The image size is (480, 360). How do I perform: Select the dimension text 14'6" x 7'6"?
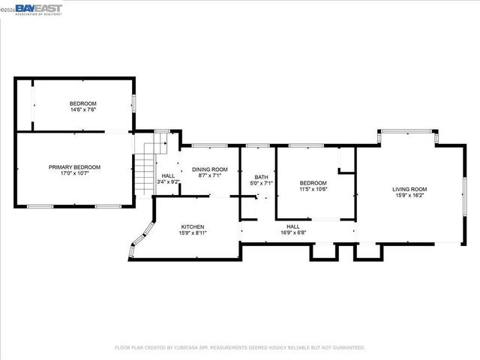click(83, 109)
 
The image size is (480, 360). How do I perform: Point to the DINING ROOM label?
click(209, 169)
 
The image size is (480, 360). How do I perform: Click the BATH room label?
click(260, 176)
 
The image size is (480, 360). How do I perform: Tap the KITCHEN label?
click(193, 226)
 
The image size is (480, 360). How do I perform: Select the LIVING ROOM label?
click(409, 189)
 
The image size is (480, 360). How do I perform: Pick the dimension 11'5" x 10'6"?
click(313, 189)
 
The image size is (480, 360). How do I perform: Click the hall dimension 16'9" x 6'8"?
click(292, 232)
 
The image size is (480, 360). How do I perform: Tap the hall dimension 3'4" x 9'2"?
click(168, 181)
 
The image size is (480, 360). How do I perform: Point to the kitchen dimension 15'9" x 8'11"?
click(193, 233)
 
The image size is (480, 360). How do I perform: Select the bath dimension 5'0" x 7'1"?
click(260, 183)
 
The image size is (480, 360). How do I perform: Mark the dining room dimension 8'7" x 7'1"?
click(209, 176)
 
